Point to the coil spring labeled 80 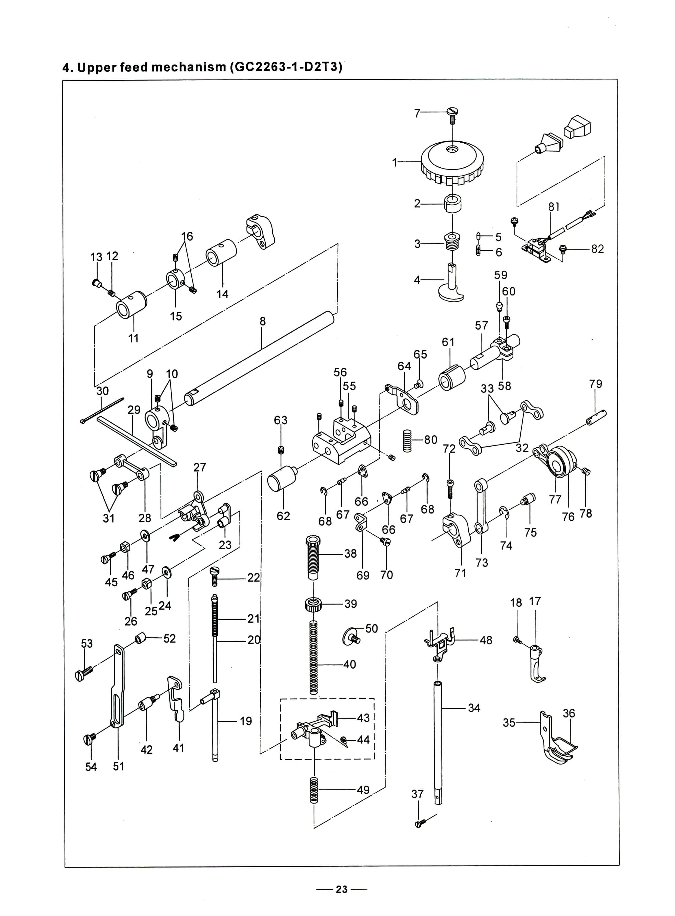(x=407, y=440)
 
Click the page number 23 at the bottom (x=342, y=889)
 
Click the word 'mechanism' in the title (x=189, y=67)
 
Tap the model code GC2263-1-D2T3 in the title (x=286, y=67)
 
